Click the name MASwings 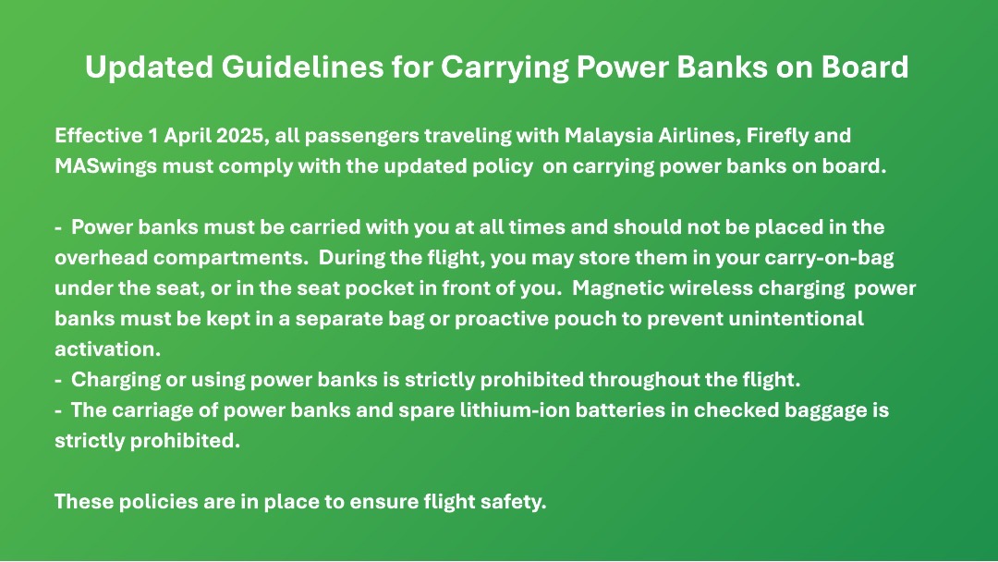[x=105, y=166]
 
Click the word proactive [x=502, y=319]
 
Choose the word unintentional [x=796, y=318]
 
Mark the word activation [x=107, y=348]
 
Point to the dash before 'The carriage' [x=58, y=411]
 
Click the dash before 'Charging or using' [x=58, y=381]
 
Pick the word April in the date [x=188, y=136]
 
